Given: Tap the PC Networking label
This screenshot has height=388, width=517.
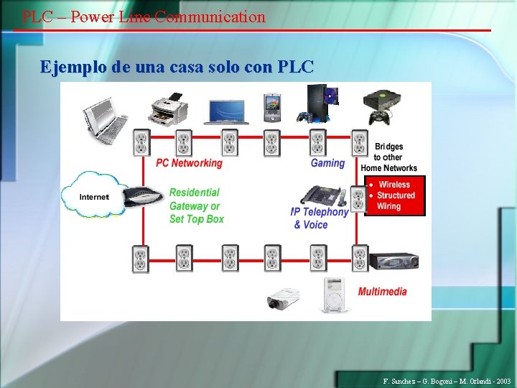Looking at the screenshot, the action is pyautogui.click(x=189, y=163).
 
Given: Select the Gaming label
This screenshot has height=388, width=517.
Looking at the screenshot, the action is pyautogui.click(x=327, y=163).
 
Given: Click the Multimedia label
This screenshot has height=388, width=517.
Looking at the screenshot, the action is pyautogui.click(x=382, y=292).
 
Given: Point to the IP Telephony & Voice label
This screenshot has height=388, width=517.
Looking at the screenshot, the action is pyautogui.click(x=319, y=218).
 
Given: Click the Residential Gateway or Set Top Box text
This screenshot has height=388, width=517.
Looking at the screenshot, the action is pyautogui.click(x=196, y=205).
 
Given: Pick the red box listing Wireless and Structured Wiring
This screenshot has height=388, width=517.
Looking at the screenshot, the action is pyautogui.click(x=395, y=195).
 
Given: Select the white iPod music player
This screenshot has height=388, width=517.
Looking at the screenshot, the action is pyautogui.click(x=333, y=295).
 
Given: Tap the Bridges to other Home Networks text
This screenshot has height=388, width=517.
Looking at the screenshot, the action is pyautogui.click(x=388, y=157).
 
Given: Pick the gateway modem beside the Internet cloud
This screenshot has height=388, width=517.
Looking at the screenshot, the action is pyautogui.click(x=144, y=195).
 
